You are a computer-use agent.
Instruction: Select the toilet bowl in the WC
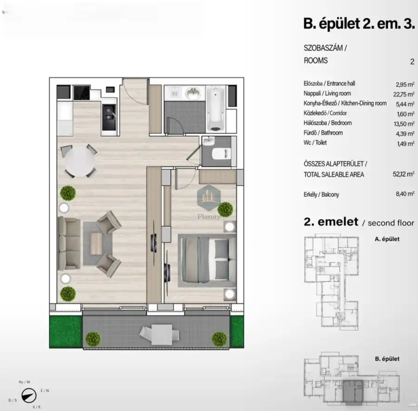[x=221, y=153]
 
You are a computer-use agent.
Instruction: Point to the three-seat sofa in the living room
[x=67, y=243]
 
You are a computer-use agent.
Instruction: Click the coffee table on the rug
[x=97, y=243]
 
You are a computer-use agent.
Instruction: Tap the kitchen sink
[x=110, y=114]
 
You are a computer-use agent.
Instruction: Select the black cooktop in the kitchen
[x=81, y=92]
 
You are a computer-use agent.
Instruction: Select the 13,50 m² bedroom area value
[x=404, y=123]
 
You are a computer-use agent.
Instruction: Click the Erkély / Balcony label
[x=321, y=194]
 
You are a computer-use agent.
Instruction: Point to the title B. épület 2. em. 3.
[x=358, y=24]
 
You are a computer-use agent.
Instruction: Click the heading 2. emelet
[x=331, y=222]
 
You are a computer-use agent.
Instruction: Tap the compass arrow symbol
[x=30, y=397]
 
